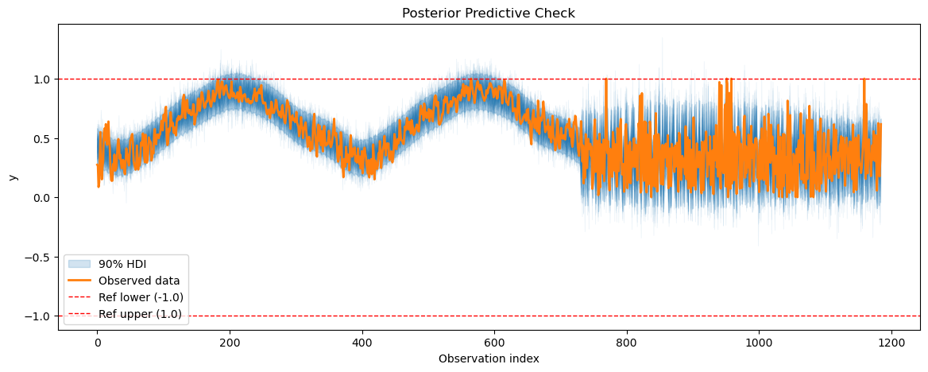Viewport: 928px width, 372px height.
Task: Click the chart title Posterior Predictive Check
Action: click(489, 13)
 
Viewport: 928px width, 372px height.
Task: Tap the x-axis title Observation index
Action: click(489, 358)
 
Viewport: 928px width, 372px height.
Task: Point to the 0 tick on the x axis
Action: click(97, 343)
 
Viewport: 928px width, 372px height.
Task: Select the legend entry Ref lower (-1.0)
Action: click(141, 297)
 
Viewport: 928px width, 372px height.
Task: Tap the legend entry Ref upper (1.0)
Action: click(141, 314)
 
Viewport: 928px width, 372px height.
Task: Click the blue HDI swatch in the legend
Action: click(79, 265)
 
